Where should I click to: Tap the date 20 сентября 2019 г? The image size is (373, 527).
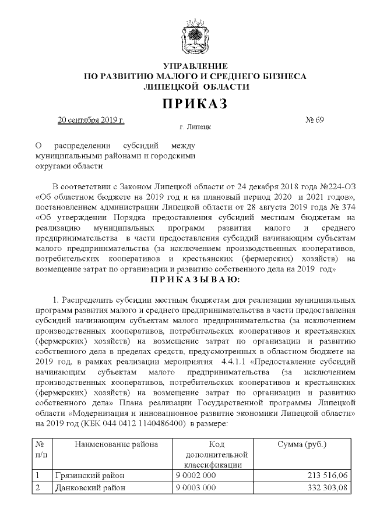click(91, 121)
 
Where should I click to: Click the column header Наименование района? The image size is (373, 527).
click(116, 445)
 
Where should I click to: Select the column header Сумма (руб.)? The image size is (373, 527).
click(304, 445)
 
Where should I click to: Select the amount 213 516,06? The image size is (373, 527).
click(326, 476)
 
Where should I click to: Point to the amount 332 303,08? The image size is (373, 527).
click(326, 487)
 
